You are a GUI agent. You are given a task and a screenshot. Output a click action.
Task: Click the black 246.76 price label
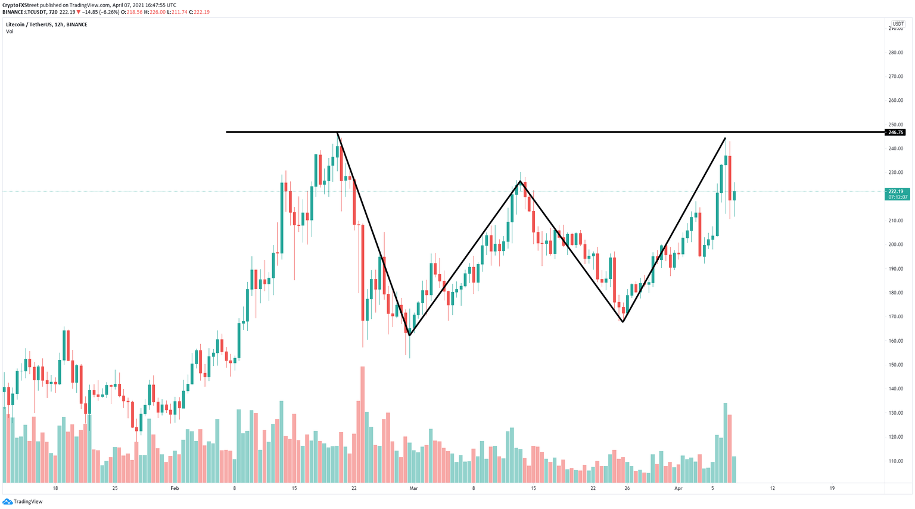(895, 132)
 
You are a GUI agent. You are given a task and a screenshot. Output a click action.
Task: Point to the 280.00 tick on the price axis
(896, 52)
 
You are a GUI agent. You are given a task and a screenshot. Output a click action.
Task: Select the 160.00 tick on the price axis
(896, 341)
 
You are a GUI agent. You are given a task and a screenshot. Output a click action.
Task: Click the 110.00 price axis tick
(896, 461)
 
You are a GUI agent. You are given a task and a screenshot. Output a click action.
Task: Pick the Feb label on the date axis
(175, 488)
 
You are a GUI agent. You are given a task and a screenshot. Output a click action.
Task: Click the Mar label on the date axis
(413, 488)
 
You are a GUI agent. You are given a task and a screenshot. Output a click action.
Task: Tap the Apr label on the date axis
(678, 488)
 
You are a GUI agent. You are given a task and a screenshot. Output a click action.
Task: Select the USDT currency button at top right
(898, 24)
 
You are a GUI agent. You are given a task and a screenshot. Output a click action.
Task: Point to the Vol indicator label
(10, 32)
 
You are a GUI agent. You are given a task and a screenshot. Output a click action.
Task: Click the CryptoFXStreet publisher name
(21, 5)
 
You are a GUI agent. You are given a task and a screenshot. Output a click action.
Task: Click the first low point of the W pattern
(409, 335)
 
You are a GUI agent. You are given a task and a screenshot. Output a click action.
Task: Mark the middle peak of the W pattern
(520, 181)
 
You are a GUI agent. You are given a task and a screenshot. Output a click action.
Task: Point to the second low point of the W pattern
(623, 322)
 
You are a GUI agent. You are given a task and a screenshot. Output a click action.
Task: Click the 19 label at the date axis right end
(832, 488)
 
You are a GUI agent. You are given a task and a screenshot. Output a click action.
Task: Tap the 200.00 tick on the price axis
(896, 244)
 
